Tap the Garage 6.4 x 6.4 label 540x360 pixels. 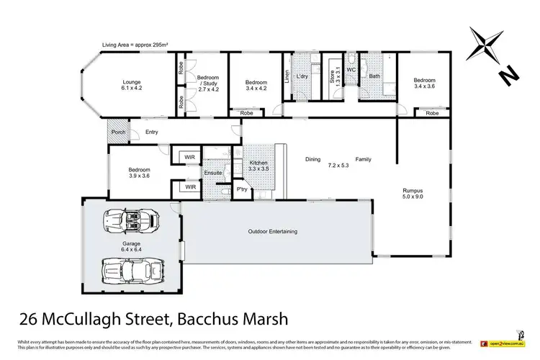click(x=130, y=246)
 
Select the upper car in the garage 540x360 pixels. click(x=131, y=218)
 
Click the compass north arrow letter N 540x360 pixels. click(x=508, y=73)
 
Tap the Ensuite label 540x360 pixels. click(x=214, y=173)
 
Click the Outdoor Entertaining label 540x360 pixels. click(x=273, y=231)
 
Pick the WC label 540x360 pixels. click(x=351, y=69)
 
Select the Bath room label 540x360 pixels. click(x=374, y=75)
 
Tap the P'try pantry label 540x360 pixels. click(x=243, y=189)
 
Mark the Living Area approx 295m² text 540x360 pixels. click(x=135, y=45)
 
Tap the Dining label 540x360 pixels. click(x=312, y=159)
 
